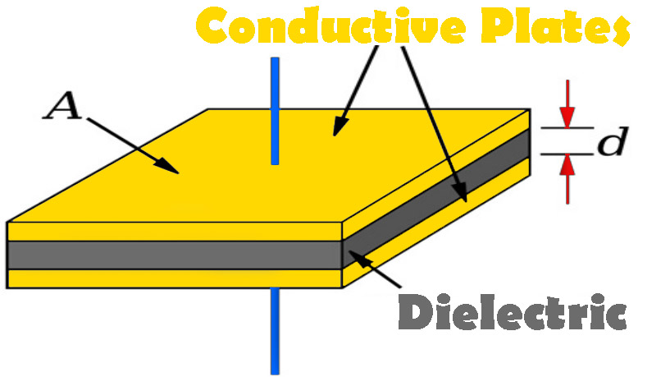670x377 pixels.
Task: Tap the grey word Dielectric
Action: coord(513,313)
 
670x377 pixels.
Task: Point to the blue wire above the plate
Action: coord(276,107)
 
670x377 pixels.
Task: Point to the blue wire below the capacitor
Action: coord(276,329)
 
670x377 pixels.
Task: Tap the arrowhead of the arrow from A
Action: coord(171,167)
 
